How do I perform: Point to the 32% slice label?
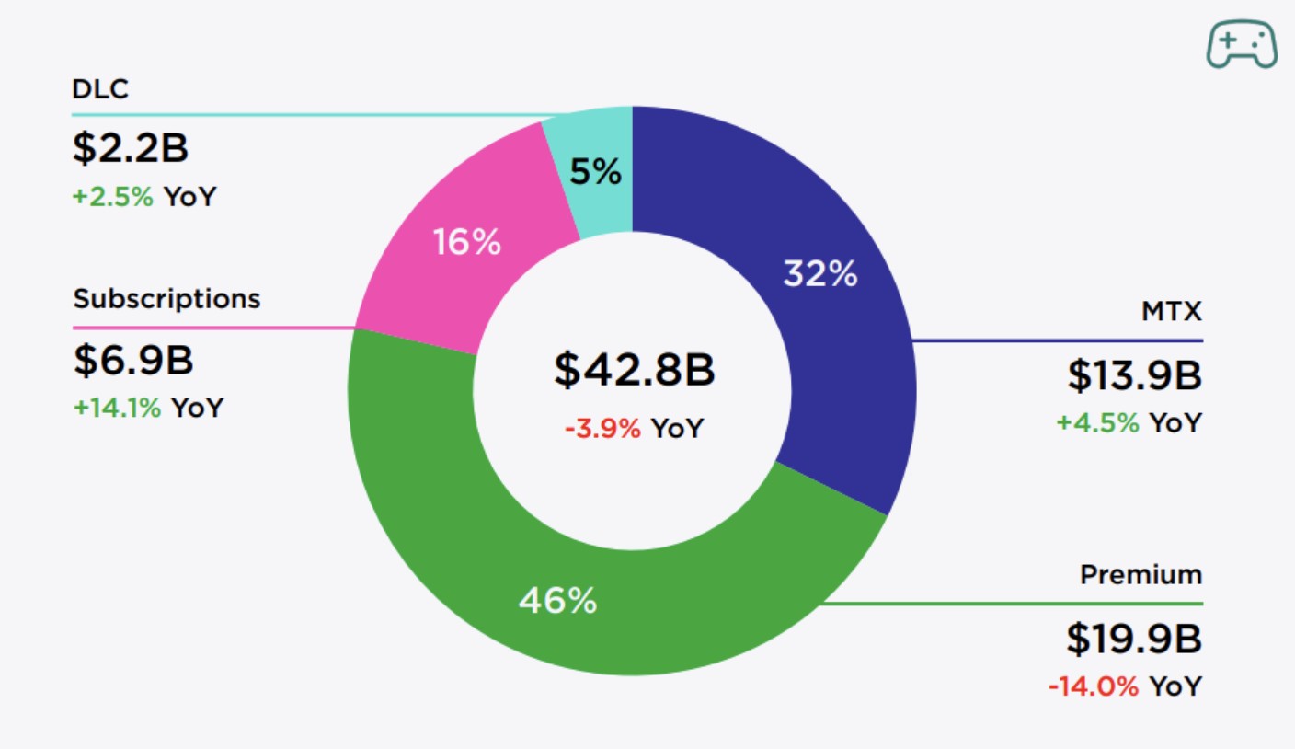pyautogui.click(x=819, y=273)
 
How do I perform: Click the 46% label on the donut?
pyautogui.click(x=557, y=601)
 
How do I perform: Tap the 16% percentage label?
pyautogui.click(x=467, y=243)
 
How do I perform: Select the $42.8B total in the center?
pyautogui.click(x=634, y=370)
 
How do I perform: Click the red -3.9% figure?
pyautogui.click(x=602, y=428)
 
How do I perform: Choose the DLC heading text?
pyautogui.click(x=99, y=89)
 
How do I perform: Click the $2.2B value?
pyautogui.click(x=131, y=149)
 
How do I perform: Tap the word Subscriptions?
pyautogui.click(x=166, y=299)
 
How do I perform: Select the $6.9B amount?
pyautogui.click(x=133, y=361)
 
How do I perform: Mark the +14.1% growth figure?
pyautogui.click(x=118, y=408)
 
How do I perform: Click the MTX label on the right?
pyautogui.click(x=1171, y=312)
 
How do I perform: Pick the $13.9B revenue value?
pyautogui.click(x=1134, y=375)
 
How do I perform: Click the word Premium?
pyautogui.click(x=1140, y=575)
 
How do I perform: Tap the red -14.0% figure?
pyautogui.click(x=1094, y=686)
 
